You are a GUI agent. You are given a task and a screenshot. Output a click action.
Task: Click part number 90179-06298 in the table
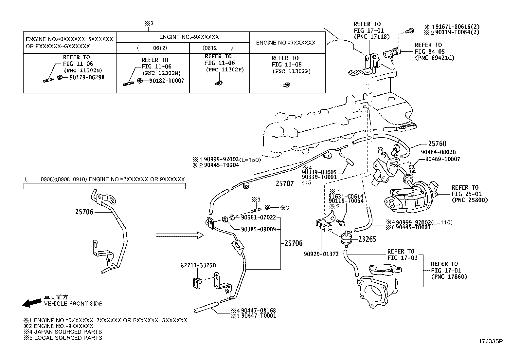tap(87, 78)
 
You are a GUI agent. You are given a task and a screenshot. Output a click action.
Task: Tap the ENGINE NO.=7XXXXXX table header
tap(286, 43)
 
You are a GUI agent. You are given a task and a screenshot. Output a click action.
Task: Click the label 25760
tap(437, 143)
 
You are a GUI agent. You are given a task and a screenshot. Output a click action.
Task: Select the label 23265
tap(367, 239)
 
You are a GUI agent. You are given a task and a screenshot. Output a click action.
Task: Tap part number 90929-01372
tap(321, 254)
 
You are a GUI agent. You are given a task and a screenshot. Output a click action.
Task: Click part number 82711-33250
tap(198, 265)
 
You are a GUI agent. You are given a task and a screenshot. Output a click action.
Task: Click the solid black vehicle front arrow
tap(32, 303)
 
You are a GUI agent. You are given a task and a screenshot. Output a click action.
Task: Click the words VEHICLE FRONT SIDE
tap(73, 304)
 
